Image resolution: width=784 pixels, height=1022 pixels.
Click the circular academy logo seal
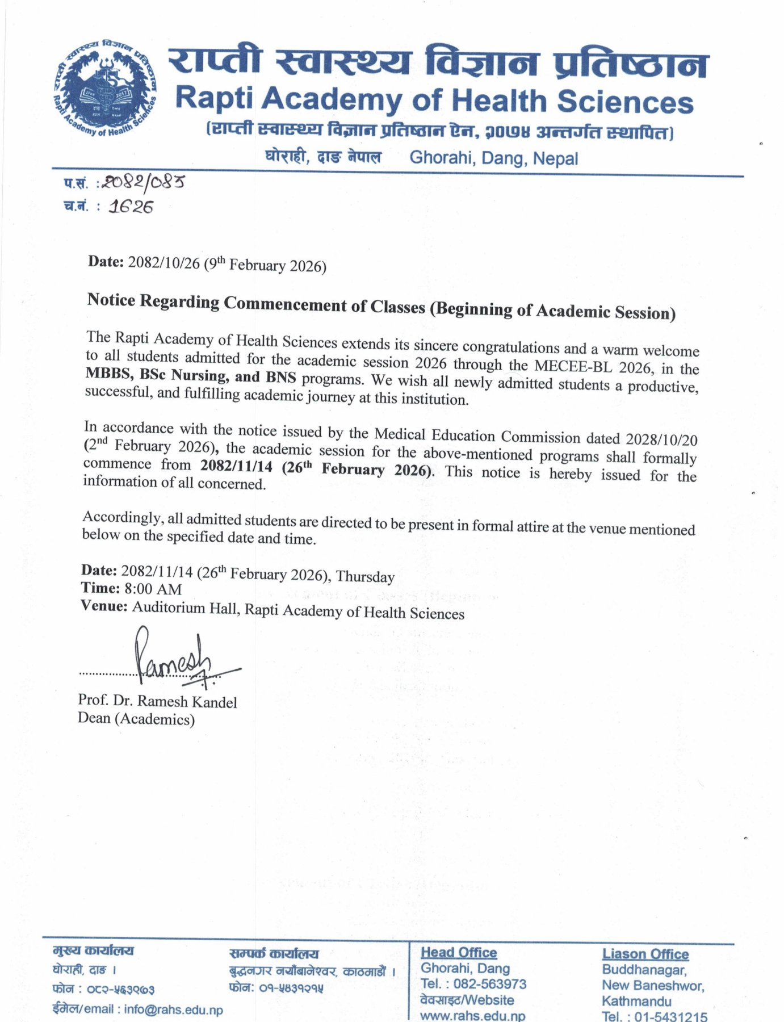(x=104, y=89)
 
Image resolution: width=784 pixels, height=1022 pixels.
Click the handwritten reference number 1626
(x=131, y=207)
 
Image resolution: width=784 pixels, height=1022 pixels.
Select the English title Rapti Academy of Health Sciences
(x=434, y=100)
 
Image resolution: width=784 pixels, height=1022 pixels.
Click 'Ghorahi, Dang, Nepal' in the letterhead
(x=493, y=157)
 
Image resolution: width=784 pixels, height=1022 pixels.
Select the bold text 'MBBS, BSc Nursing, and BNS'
(x=191, y=376)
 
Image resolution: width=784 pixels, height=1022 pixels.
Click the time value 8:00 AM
(x=153, y=589)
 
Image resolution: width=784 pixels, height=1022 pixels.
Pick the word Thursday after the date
(x=365, y=577)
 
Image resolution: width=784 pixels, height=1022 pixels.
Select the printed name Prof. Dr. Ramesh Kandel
(x=157, y=702)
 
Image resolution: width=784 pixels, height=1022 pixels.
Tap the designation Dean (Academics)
(x=136, y=719)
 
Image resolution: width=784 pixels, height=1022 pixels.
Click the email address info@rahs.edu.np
(x=173, y=1010)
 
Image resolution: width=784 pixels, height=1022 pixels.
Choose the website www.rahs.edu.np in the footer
(x=472, y=1016)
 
